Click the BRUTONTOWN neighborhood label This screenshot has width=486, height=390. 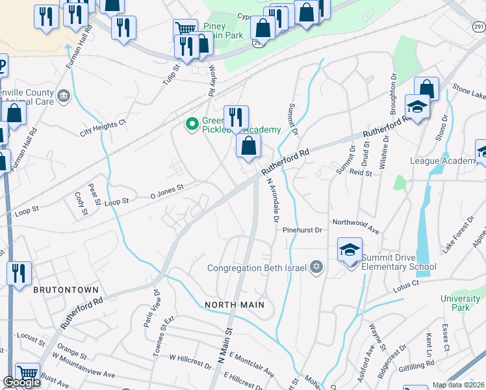(66, 290)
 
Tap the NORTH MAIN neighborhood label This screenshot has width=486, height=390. (235, 304)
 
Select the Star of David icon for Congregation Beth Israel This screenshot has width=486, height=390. (317, 268)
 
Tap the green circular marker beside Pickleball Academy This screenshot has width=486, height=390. (192, 123)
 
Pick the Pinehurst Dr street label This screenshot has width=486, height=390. (302, 230)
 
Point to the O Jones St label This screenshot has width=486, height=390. (168, 188)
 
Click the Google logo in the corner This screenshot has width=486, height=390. (22, 383)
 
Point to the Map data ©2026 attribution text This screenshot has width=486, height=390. (459, 385)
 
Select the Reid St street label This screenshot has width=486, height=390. (360, 173)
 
